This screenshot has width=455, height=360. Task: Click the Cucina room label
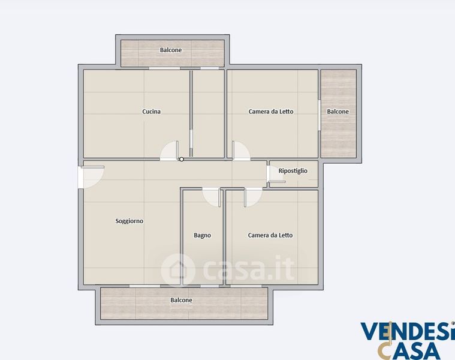(x=151, y=112)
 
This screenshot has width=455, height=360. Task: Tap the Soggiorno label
(x=129, y=221)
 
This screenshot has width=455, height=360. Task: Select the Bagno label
(x=202, y=235)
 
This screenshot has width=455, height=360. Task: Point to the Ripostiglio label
(x=293, y=171)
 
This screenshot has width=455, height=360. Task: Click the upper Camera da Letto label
(x=271, y=112)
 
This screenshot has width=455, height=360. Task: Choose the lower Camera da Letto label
(x=270, y=235)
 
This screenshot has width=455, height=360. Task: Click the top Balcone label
(x=171, y=50)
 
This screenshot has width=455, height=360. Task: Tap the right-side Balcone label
(x=338, y=112)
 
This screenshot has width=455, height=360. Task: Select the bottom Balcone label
(x=182, y=300)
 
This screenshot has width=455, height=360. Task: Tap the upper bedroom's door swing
(x=240, y=151)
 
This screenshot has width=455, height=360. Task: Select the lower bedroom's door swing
(x=253, y=197)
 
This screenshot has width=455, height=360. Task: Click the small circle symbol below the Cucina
(x=182, y=160)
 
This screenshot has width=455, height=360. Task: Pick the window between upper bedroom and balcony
(x=319, y=115)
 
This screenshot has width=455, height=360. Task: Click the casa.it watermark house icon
(x=177, y=270)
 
